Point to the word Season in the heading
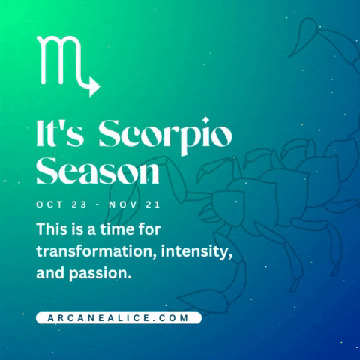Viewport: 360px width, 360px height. (x=98, y=171)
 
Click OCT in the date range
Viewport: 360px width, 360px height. (x=50, y=204)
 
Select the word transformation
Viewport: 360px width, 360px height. (x=90, y=250)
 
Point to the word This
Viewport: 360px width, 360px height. (x=52, y=227)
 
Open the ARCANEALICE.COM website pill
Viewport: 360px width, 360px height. (x=118, y=318)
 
